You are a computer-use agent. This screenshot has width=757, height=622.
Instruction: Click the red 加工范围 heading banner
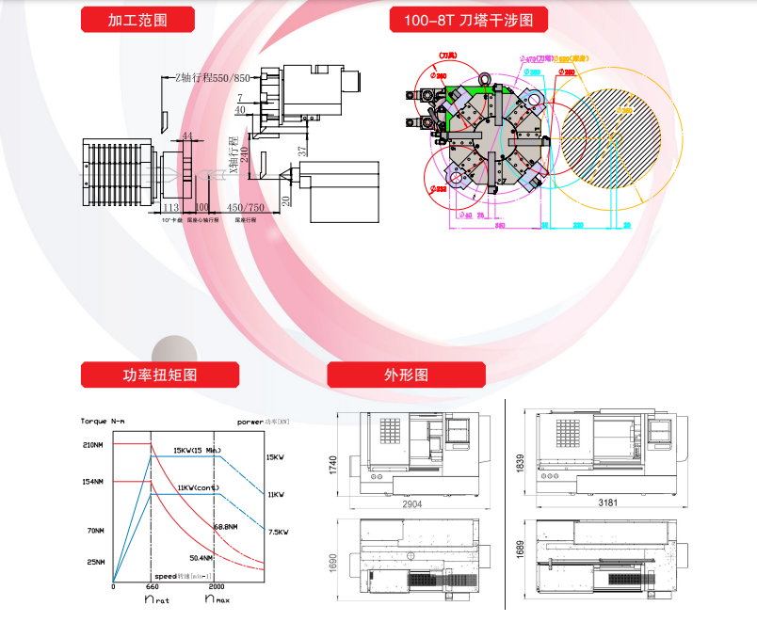137,20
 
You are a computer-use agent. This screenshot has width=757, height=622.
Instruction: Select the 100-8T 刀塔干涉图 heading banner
468,20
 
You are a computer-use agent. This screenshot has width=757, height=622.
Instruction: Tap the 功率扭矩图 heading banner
160,375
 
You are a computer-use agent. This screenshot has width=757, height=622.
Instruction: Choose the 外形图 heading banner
406,375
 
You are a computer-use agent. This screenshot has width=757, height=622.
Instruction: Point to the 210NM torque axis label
94,444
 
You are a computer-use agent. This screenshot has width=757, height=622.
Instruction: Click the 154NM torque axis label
94,482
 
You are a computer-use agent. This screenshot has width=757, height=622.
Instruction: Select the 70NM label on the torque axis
95,532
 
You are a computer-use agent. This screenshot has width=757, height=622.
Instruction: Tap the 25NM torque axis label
95,564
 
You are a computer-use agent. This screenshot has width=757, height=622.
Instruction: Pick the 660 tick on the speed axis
152,587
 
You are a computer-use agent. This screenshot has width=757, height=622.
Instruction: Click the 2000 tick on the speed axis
217,587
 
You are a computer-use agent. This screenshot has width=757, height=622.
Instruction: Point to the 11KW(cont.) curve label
198,487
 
